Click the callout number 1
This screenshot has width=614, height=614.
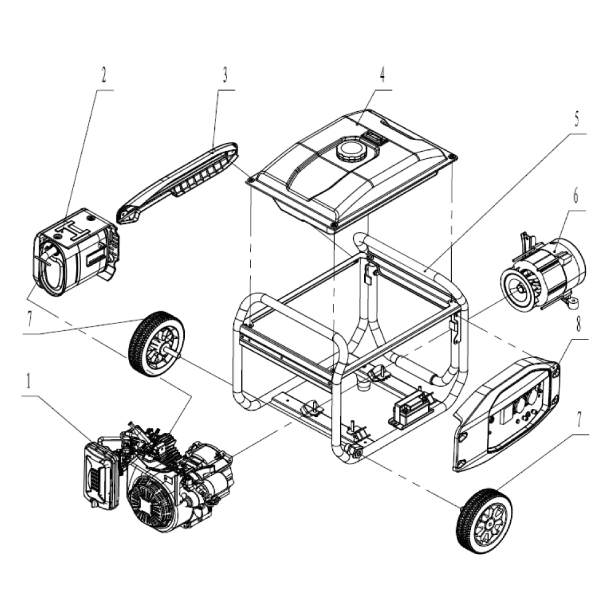pyautogui.click(x=28, y=382)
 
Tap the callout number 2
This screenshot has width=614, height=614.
pyautogui.click(x=103, y=75)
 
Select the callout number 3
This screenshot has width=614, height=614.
pyautogui.click(x=225, y=75)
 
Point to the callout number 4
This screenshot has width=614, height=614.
pyautogui.click(x=382, y=74)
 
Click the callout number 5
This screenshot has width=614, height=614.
pyautogui.click(x=577, y=119)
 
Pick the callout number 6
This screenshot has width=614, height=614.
pyautogui.click(x=576, y=196)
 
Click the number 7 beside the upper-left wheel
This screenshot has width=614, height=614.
pyautogui.click(x=29, y=319)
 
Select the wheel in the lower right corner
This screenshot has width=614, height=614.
pyautogui.click(x=484, y=521)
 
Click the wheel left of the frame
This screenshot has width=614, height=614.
pyautogui.click(x=157, y=344)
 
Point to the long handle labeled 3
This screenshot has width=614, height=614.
pyautogui.click(x=177, y=183)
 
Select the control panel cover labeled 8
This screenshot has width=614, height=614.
pyautogui.click(x=507, y=413)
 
